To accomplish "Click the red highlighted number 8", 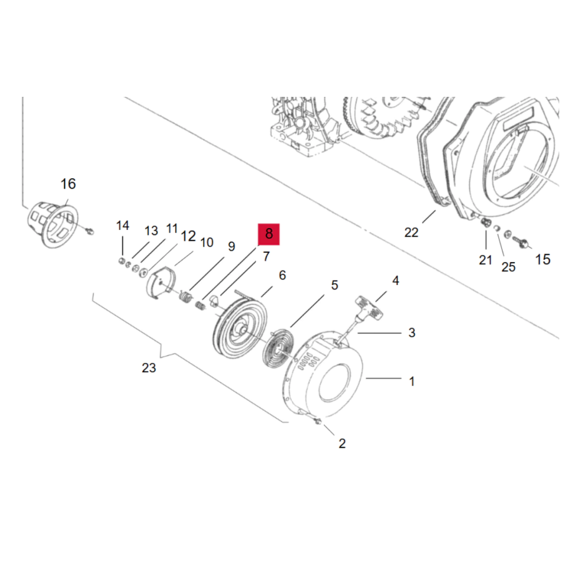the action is pyautogui.click(x=269, y=234).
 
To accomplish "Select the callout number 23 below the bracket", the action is pyautogui.click(x=149, y=367).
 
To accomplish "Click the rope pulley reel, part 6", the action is pyautogui.click(x=239, y=327).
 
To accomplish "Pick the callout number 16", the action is pyautogui.click(x=68, y=184).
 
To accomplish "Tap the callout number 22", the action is pyautogui.click(x=411, y=232).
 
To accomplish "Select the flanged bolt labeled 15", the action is pyautogui.click(x=521, y=243).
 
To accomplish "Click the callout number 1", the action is pyautogui.click(x=411, y=381).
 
